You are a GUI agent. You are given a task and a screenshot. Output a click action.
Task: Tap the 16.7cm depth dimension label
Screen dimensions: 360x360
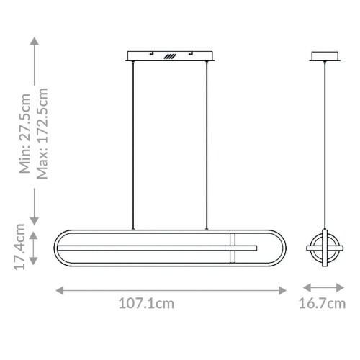point(321,304)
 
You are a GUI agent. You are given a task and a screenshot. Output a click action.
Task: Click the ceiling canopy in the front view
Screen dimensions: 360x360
point(170,55)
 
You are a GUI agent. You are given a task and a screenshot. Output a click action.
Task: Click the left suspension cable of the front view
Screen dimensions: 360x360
point(134,144)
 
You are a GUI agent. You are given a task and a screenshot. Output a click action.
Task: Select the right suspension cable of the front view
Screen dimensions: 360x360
point(207,144)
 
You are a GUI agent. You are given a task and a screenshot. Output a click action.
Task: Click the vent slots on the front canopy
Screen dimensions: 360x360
point(170,55)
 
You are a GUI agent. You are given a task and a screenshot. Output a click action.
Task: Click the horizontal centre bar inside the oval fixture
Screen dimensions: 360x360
point(158,248)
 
